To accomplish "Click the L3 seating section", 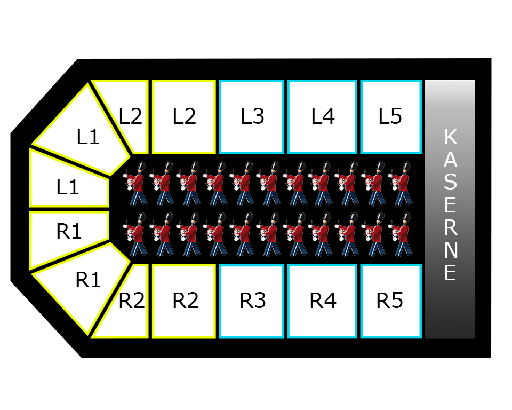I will pyautogui.click(x=251, y=116).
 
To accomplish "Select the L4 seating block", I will pyautogui.click(x=322, y=116).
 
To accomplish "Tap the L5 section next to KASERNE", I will pyautogui.click(x=391, y=116).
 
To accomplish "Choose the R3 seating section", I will pyautogui.click(x=251, y=301).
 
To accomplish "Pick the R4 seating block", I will pyautogui.click(x=322, y=301).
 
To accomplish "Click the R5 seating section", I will pyautogui.click(x=391, y=301).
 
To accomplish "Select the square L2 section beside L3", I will pyautogui.click(x=184, y=116).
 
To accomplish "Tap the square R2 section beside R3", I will pyautogui.click(x=184, y=301).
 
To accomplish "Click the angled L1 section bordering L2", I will pyautogui.click(x=85, y=133).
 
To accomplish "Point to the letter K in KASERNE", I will pyautogui.click(x=451, y=137).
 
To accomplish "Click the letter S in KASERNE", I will pyautogui.click(x=451, y=183).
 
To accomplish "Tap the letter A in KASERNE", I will pyautogui.click(x=451, y=160).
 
